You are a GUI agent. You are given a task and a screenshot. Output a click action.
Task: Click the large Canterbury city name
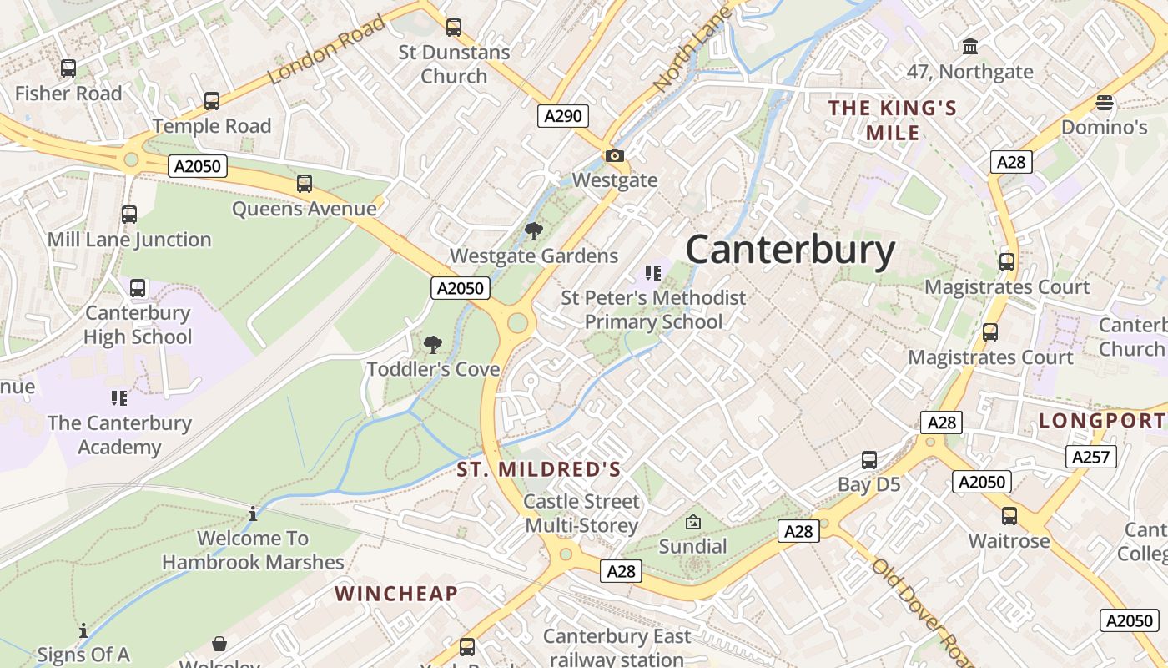click(790, 250)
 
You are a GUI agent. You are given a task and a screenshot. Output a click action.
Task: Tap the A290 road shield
click(562, 116)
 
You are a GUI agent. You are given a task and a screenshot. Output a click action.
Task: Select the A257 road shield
click(1090, 456)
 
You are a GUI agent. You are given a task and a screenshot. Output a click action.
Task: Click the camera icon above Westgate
click(615, 155)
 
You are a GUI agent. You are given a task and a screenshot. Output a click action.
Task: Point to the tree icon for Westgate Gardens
click(533, 231)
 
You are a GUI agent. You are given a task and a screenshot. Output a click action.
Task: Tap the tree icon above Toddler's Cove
click(432, 344)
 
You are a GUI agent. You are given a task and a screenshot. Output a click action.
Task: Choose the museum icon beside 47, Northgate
click(970, 46)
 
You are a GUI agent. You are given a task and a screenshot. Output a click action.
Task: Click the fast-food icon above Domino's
click(1105, 103)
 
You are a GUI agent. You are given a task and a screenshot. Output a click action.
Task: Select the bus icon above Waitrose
click(1009, 515)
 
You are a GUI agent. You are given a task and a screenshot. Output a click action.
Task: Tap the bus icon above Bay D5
click(869, 459)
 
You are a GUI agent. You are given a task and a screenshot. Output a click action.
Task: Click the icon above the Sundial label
click(692, 522)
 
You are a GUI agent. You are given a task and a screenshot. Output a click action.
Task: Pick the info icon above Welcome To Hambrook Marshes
click(253, 514)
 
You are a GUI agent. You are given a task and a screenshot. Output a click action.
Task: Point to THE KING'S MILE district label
click(892, 120)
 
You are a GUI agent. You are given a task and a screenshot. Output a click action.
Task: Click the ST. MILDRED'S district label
click(539, 469)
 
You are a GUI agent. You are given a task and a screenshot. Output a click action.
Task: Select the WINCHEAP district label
click(396, 594)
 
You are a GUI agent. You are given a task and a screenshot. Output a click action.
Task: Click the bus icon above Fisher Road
click(68, 68)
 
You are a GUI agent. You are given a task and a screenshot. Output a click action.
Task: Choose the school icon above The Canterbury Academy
click(118, 397)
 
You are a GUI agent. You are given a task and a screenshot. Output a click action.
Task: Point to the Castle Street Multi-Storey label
click(581, 514)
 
